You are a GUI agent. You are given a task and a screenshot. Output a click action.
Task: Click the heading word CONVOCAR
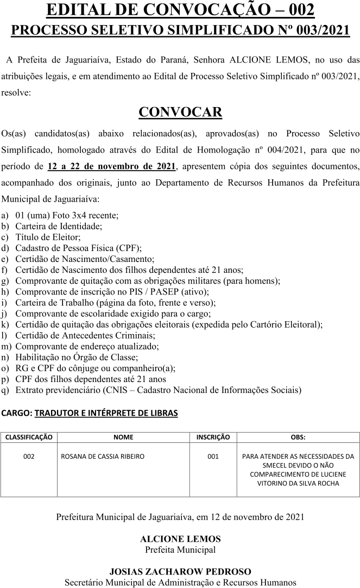pyautogui.click(x=180, y=112)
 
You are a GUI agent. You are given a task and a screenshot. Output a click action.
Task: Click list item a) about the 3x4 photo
pyautogui.click(x=67, y=215)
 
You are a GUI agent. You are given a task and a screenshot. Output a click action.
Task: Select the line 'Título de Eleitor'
pyautogui.click(x=48, y=237)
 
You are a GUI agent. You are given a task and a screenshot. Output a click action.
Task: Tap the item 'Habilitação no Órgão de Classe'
pyautogui.click(x=77, y=357)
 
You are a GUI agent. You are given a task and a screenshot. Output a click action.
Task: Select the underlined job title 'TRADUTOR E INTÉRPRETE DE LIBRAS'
pyautogui.click(x=106, y=414)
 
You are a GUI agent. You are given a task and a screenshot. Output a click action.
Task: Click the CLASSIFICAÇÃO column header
pyautogui.click(x=29, y=437)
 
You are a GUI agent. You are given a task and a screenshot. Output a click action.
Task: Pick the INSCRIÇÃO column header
pyautogui.click(x=213, y=437)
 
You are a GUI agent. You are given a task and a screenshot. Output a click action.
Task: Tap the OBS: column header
pyautogui.click(x=298, y=437)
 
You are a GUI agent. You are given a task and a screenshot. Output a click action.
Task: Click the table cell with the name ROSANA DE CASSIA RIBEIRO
pyautogui.click(x=103, y=456)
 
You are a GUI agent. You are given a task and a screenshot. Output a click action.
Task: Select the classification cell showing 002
pyautogui.click(x=29, y=456)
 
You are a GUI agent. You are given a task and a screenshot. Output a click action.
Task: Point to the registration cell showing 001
pyautogui.click(x=213, y=456)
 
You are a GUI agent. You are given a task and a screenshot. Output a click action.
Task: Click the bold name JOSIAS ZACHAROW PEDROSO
pyautogui.click(x=180, y=572)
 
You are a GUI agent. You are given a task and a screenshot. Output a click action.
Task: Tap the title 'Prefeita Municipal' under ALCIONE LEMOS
pyautogui.click(x=180, y=549)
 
